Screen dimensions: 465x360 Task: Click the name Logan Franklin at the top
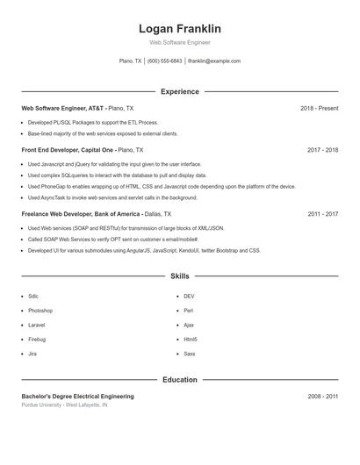(x=180, y=29)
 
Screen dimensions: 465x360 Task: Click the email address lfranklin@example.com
(x=214, y=61)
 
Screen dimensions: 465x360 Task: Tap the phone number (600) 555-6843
(x=165, y=61)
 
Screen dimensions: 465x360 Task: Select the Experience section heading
(x=180, y=91)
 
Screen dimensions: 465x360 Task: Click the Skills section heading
(x=180, y=275)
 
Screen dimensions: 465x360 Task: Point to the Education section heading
(x=180, y=380)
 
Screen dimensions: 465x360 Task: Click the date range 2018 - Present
(x=319, y=108)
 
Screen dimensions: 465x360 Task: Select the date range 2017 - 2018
(x=322, y=150)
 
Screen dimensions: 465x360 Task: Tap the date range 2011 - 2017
(x=322, y=214)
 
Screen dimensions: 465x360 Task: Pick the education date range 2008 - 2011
(x=322, y=397)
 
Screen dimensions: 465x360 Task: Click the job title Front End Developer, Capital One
(x=68, y=150)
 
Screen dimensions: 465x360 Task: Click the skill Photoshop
(x=40, y=311)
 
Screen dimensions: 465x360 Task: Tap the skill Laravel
(x=37, y=325)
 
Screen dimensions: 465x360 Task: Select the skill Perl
(x=188, y=311)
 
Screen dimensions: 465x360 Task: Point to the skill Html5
(x=191, y=339)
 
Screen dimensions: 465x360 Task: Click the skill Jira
(x=32, y=354)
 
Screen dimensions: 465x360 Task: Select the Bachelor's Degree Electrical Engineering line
(x=77, y=397)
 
